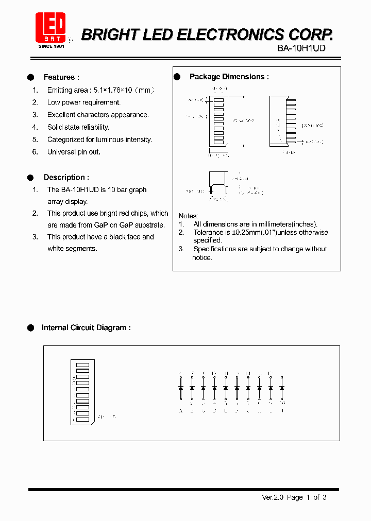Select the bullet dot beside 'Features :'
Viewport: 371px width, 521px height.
point(30,77)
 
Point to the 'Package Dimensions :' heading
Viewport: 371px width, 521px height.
point(229,77)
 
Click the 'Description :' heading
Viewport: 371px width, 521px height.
point(66,177)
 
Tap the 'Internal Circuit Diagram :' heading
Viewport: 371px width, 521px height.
point(86,327)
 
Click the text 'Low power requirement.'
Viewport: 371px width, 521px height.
point(83,102)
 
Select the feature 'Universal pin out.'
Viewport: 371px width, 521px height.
point(74,152)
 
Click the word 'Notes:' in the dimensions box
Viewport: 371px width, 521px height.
point(188,216)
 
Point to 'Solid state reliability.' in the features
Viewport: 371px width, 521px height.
point(78,127)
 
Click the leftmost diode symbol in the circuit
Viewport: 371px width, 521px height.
point(181,387)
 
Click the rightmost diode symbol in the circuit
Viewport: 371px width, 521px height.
point(282,387)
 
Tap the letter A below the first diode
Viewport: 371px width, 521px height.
point(181,410)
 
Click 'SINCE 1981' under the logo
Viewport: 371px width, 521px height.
point(51,46)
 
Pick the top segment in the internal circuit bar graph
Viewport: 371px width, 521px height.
point(83,365)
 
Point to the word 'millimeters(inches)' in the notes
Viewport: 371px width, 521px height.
point(286,224)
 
